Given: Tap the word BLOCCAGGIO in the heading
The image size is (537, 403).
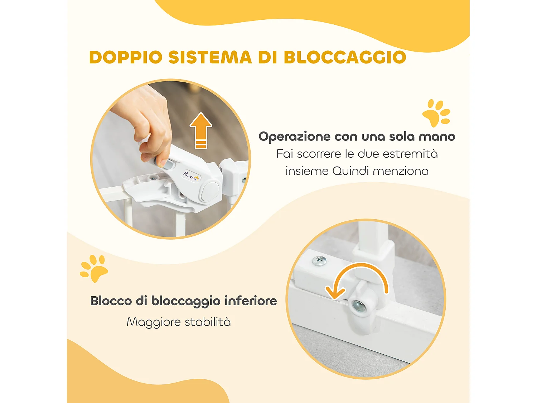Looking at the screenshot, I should (345, 57).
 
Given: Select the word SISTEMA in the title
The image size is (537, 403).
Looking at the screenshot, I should (210, 57).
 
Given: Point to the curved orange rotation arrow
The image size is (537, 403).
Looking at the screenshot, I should (358, 279).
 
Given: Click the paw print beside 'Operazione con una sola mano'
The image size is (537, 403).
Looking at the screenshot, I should (436, 113).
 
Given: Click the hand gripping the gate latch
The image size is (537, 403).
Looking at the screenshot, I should (150, 122).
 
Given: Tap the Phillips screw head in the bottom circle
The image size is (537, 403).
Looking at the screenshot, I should (319, 260).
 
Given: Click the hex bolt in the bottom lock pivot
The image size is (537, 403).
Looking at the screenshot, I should (358, 306).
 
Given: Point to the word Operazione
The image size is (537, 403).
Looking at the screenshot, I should (294, 136).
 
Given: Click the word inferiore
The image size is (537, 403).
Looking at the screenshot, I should (251, 301).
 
